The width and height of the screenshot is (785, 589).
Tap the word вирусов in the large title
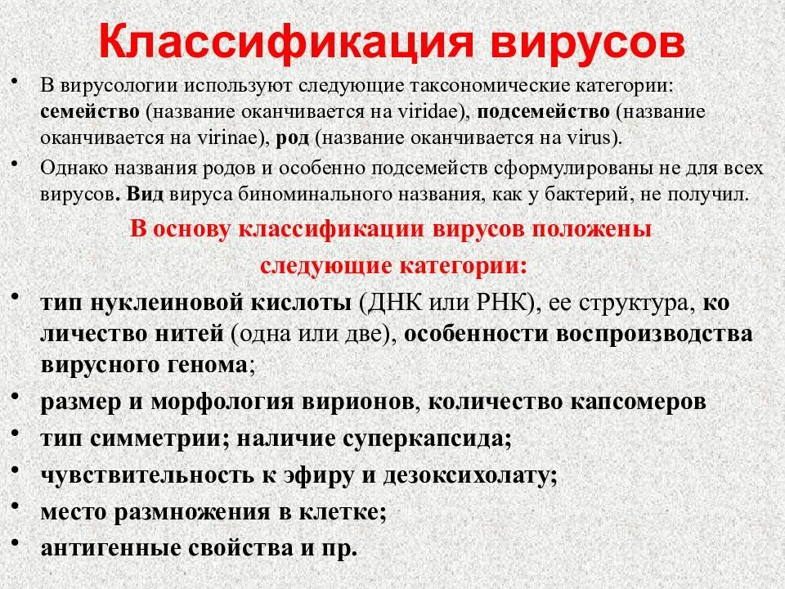tap(584, 43)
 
